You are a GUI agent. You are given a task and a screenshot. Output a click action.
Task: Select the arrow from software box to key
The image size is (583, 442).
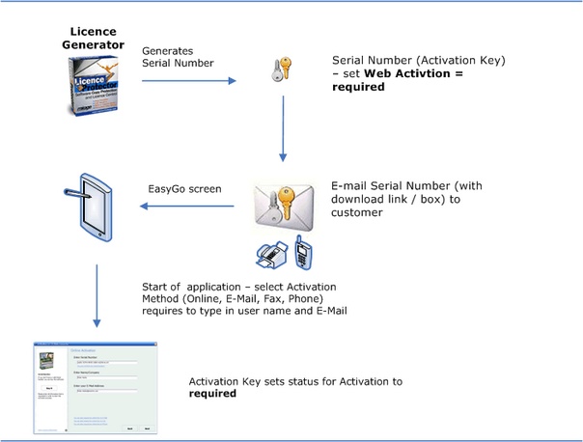click(x=189, y=81)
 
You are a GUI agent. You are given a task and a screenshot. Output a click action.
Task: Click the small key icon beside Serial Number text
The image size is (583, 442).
click(x=279, y=71)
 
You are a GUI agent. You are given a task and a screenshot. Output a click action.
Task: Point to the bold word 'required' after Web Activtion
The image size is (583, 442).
click(x=357, y=86)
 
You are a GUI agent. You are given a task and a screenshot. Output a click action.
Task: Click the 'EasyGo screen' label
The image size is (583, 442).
click(x=184, y=188)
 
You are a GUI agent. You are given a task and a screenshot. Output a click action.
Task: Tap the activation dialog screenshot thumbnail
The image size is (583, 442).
click(x=96, y=386)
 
